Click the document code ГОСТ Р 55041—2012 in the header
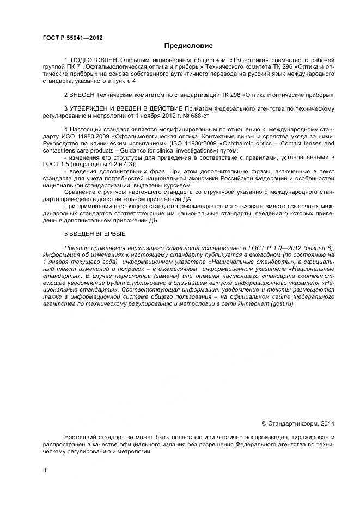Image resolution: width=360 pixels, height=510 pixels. (72, 38)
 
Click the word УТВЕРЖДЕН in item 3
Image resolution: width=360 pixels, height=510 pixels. (91, 108)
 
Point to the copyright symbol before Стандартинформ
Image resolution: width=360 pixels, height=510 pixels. (265, 423)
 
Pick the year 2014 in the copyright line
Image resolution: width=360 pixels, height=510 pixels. (328, 423)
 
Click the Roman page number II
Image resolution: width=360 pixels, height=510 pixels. (45, 469)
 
